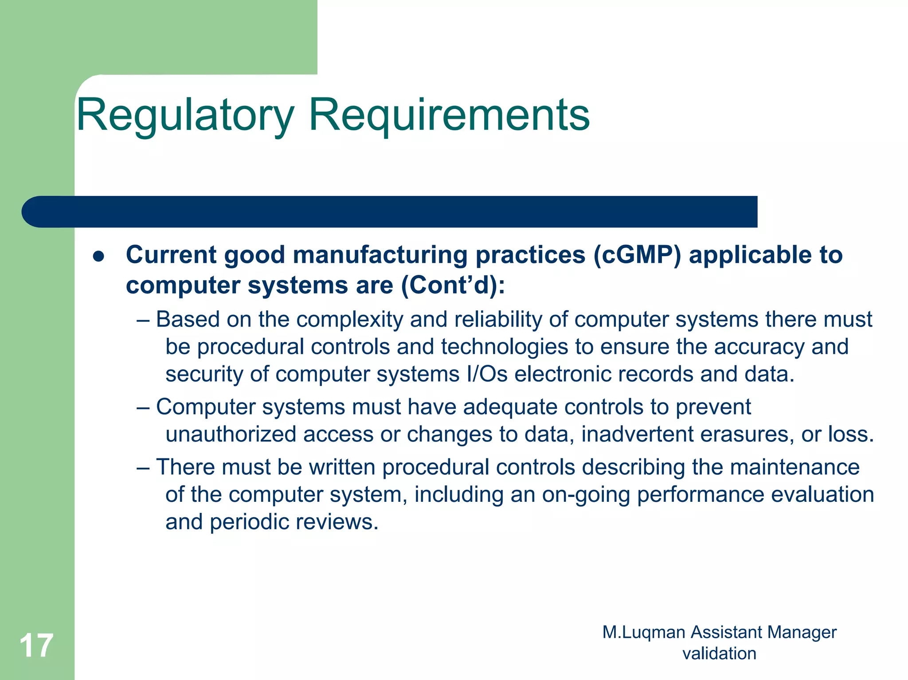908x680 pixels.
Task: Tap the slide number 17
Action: click(36, 645)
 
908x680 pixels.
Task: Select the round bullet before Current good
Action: click(98, 257)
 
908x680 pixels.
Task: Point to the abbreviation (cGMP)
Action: click(637, 255)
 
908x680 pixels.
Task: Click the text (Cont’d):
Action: click(453, 285)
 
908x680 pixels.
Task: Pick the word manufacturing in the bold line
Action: click(380, 255)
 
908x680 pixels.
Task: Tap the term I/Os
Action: click(487, 374)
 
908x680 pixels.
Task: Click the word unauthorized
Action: click(231, 434)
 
